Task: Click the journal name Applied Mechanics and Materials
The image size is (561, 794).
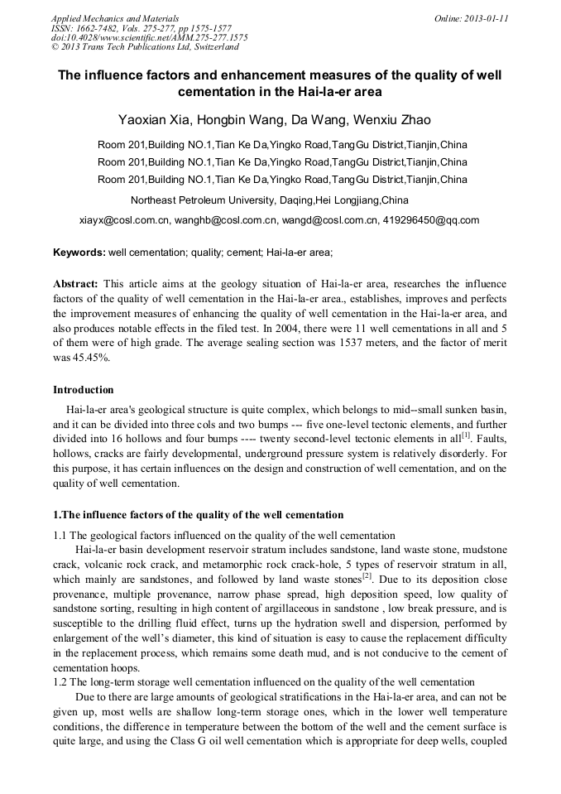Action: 114,18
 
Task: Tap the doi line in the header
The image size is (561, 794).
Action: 149,38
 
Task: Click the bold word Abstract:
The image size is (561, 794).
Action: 75,283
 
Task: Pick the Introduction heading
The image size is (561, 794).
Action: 84,389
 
